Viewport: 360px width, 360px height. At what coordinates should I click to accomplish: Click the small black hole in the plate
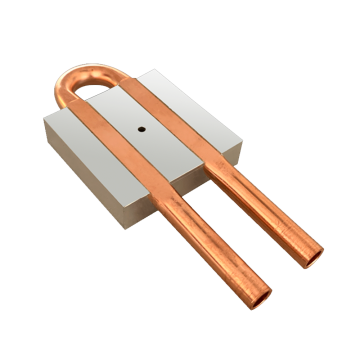coord(142,129)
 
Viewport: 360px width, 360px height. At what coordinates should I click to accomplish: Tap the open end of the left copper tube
coord(262,297)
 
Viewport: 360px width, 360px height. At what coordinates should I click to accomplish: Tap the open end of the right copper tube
coord(313,247)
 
